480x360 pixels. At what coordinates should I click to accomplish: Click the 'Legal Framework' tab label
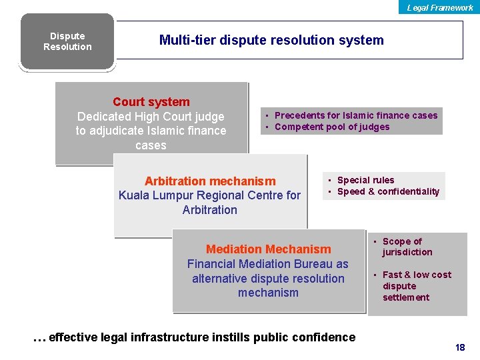click(x=440, y=7)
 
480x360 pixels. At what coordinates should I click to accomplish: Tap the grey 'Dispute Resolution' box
click(x=67, y=41)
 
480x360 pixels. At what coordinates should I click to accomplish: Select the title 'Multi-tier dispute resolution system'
click(x=271, y=40)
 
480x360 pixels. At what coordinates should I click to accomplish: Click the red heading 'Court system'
click(x=151, y=102)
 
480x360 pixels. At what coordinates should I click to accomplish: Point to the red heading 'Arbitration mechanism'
click(x=210, y=181)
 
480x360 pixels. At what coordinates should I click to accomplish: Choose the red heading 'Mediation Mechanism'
click(x=268, y=249)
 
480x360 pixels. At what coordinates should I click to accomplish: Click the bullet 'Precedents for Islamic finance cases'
click(x=356, y=115)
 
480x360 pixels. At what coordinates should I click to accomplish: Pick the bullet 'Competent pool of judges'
click(x=332, y=127)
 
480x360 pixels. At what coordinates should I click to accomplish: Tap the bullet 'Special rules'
click(x=365, y=180)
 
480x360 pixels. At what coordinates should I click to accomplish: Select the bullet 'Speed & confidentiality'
click(x=388, y=191)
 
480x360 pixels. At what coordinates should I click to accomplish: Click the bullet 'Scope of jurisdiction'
click(x=407, y=247)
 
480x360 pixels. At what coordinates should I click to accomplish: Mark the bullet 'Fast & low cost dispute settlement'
click(x=416, y=286)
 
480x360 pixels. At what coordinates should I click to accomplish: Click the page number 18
click(x=459, y=347)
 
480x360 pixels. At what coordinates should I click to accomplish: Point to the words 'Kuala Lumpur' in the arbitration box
click(x=154, y=195)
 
